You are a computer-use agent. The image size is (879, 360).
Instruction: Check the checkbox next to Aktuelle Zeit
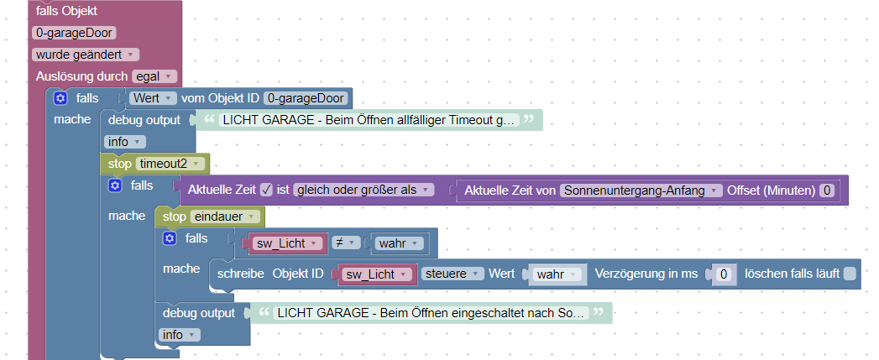(266, 190)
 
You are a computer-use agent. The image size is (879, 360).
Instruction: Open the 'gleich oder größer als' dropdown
(364, 190)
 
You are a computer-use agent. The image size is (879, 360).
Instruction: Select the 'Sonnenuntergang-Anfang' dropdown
(641, 190)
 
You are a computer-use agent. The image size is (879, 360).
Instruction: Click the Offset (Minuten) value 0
(826, 190)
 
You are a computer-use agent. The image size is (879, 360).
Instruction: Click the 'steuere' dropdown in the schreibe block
(453, 274)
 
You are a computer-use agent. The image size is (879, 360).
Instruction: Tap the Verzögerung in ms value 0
(725, 274)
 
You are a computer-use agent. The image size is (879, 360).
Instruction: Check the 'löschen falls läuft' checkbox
(850, 274)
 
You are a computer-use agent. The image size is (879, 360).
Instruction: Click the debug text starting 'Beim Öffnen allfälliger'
(369, 120)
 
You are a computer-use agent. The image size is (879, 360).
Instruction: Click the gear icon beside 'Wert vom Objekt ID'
(60, 98)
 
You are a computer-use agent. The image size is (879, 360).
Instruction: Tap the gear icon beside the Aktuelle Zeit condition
(115, 185)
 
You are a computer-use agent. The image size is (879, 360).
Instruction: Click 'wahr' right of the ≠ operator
(399, 243)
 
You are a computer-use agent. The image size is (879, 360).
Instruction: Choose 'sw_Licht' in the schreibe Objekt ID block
(374, 274)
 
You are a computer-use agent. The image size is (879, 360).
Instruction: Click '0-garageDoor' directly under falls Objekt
(74, 33)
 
